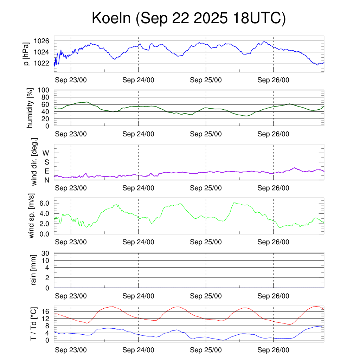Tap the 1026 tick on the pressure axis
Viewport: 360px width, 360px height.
click(x=41, y=41)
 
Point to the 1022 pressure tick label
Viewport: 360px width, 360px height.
click(x=41, y=63)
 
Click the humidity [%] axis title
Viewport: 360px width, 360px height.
click(x=31, y=108)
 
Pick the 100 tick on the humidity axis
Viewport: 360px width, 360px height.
click(x=45, y=90)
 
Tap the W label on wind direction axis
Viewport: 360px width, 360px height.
click(x=46, y=153)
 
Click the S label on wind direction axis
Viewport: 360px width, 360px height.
click(x=46, y=162)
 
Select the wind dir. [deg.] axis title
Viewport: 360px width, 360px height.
click(x=34, y=161)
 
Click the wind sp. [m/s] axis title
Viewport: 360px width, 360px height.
click(x=31, y=216)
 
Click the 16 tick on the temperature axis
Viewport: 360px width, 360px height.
click(x=45, y=311)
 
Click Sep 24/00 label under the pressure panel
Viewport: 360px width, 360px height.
click(x=138, y=80)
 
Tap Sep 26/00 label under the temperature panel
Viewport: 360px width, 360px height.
click(x=273, y=350)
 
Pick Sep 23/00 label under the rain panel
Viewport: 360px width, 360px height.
click(x=71, y=296)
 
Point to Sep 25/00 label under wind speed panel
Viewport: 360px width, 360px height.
click(x=206, y=242)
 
